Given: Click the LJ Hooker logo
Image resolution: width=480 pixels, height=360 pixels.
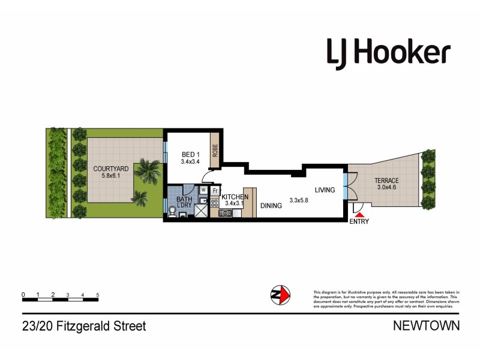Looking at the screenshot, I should (x=388, y=53).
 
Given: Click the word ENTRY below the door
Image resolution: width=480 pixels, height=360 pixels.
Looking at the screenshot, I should (x=359, y=222).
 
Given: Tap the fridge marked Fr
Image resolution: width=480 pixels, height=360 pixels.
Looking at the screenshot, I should (x=215, y=190).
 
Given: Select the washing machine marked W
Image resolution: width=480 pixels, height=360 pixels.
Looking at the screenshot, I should (x=203, y=190).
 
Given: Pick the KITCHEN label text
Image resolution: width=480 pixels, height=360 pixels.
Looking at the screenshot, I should (x=235, y=197).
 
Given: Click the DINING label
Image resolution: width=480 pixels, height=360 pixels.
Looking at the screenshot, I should (x=271, y=205).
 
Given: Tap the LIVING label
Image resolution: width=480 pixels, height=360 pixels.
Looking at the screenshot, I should (x=325, y=190).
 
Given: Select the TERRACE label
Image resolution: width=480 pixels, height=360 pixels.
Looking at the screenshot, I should (x=387, y=181).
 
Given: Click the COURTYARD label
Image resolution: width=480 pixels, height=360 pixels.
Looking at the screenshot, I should (x=111, y=169).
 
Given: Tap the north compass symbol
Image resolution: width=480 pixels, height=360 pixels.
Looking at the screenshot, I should (x=280, y=294).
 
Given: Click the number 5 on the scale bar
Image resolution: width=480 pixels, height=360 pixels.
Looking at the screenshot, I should (x=97, y=295).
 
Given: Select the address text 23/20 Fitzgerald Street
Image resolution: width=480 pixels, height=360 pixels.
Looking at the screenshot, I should (x=84, y=326).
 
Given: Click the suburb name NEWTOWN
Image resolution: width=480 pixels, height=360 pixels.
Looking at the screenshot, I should (x=426, y=326).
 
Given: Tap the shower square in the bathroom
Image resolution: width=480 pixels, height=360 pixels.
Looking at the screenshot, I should (x=200, y=211).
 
